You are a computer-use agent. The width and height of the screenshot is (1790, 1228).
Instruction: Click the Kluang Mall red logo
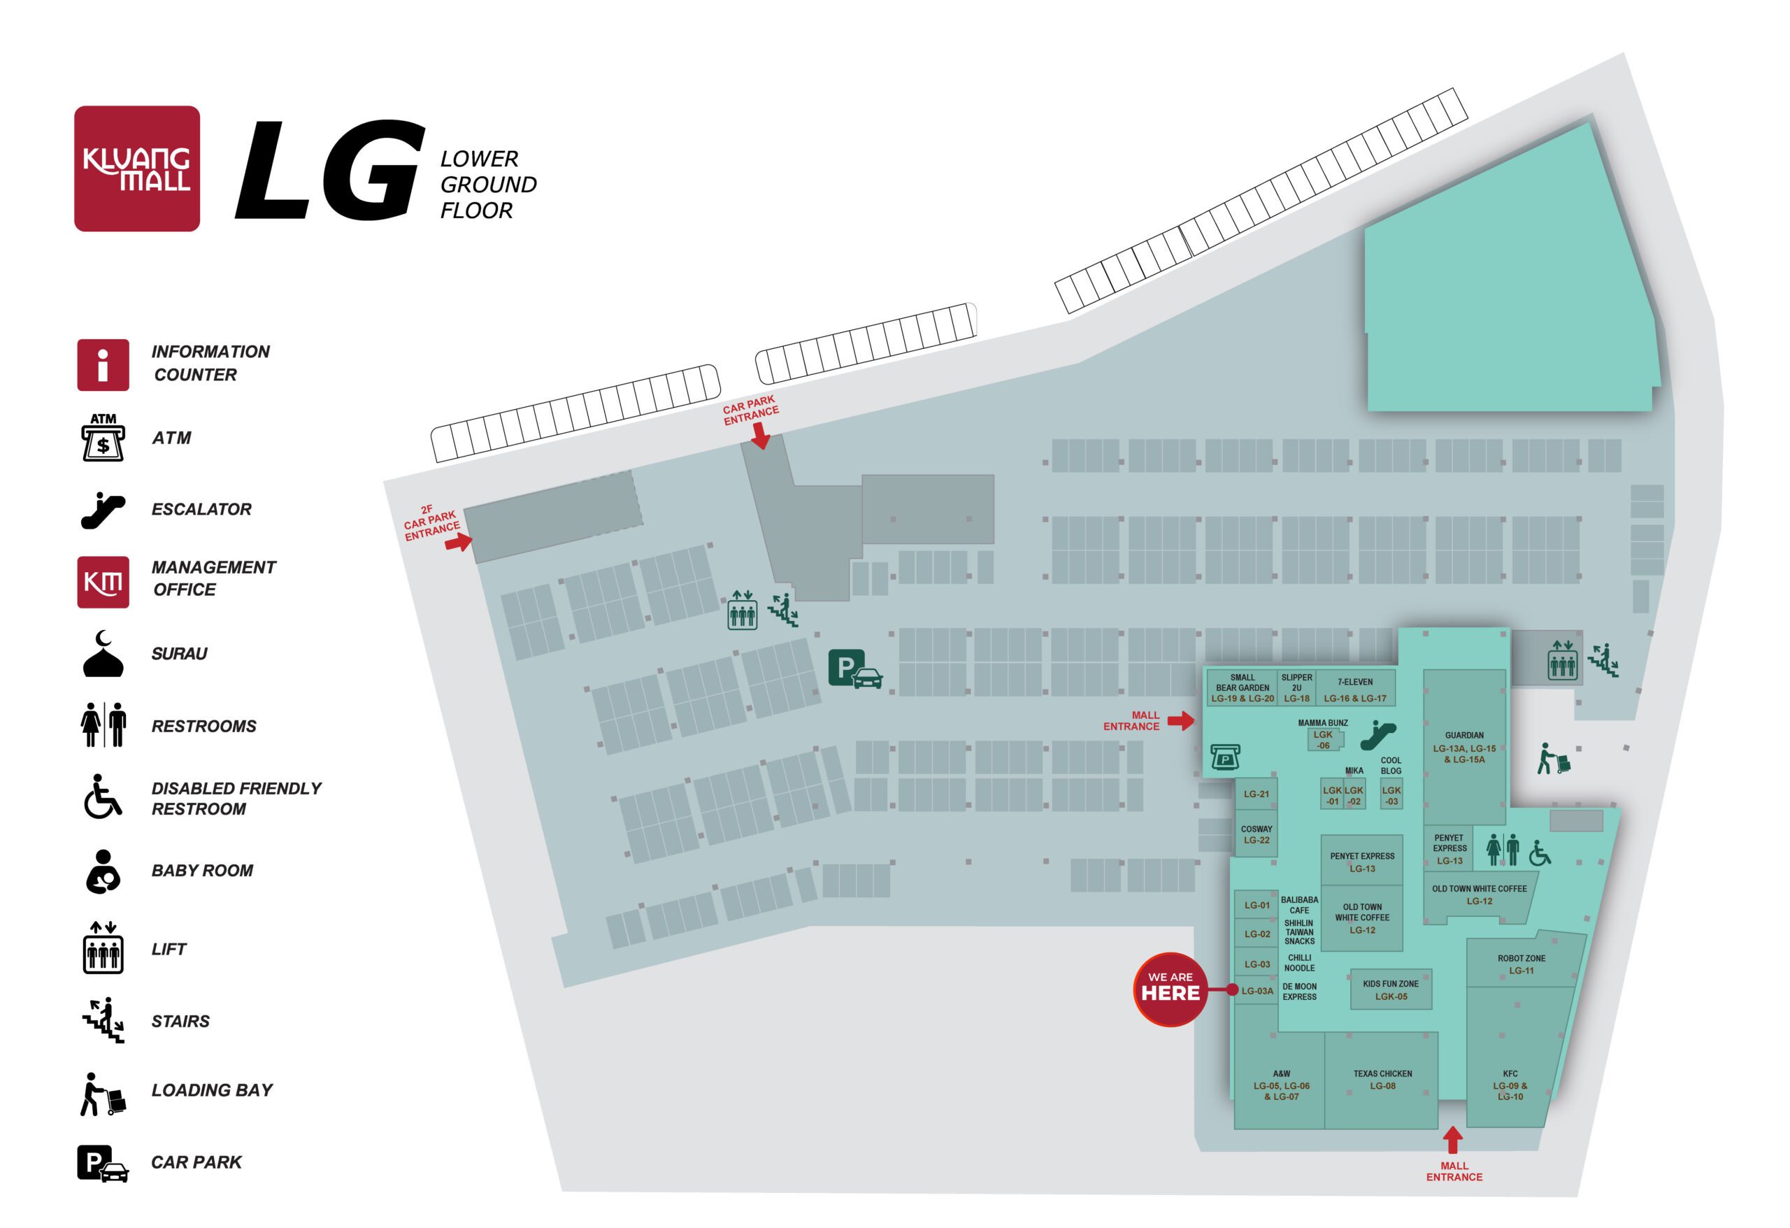(137, 169)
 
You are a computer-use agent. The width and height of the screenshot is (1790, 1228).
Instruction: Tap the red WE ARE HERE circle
(1170, 989)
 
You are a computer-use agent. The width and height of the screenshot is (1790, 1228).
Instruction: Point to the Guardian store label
(1464, 748)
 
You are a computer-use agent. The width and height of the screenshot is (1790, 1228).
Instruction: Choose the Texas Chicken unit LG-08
(1382, 1079)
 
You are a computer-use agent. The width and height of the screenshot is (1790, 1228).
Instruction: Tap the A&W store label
(1281, 1085)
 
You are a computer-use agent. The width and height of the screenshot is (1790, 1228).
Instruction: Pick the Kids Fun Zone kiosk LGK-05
(1391, 989)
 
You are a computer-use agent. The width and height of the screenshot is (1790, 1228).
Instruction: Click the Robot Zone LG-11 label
(1521, 964)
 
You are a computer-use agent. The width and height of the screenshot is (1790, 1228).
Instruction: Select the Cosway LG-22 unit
(1256, 834)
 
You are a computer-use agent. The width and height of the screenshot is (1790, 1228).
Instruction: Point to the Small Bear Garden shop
(1243, 687)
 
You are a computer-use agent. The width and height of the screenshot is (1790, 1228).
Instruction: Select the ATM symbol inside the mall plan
(1224, 757)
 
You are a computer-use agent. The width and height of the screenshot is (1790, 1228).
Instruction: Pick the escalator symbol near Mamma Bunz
(1378, 735)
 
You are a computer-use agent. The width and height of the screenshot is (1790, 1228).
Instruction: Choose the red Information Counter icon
(103, 365)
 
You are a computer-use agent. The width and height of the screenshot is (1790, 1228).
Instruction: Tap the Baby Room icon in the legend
(103, 871)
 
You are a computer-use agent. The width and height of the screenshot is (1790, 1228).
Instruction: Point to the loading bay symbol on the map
(1554, 759)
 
